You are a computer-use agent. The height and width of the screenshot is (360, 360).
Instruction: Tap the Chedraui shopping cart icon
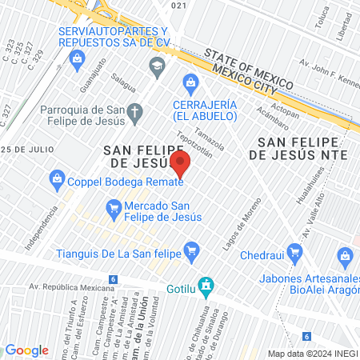[295, 253]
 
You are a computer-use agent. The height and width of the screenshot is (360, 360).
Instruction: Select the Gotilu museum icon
[206, 284]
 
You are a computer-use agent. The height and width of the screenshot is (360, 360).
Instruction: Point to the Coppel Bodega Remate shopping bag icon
[57, 178]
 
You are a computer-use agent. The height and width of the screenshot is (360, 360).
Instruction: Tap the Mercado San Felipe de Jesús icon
[113, 210]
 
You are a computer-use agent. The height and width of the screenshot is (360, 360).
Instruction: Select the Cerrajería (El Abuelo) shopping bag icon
[190, 81]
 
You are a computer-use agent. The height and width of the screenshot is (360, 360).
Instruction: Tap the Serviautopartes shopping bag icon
[77, 58]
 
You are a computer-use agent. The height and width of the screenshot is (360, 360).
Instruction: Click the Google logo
[26, 350]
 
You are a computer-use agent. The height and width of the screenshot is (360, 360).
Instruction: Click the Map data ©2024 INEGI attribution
[311, 353]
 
